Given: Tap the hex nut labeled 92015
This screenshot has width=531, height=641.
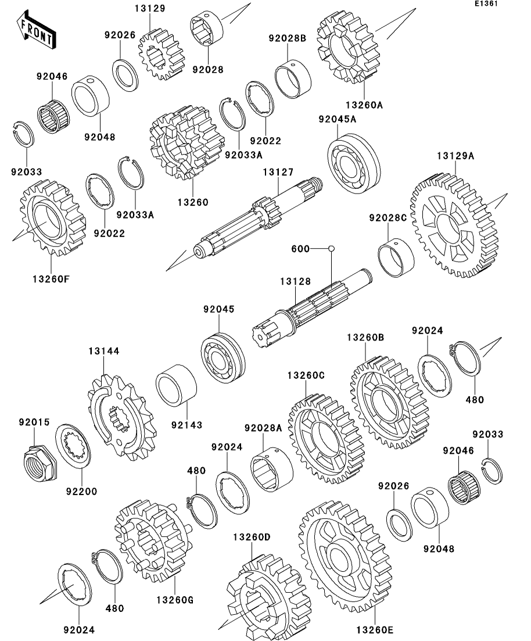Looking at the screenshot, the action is click(x=40, y=462).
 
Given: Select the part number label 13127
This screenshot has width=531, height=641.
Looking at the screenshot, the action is click(x=278, y=172).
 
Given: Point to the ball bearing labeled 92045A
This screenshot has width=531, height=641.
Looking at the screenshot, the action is click(x=354, y=163).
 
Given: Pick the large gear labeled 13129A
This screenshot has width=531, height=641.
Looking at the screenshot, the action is click(x=454, y=225).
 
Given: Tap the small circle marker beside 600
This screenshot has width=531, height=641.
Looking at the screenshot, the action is click(x=332, y=248).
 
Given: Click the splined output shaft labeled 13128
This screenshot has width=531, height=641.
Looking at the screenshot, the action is click(x=311, y=309).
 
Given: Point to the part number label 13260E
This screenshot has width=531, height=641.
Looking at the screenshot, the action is click(x=375, y=630).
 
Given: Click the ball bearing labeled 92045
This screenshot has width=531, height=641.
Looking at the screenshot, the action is click(x=223, y=358).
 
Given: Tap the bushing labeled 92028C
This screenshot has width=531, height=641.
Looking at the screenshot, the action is click(x=396, y=257).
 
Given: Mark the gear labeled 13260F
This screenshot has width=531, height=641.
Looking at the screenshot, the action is click(x=53, y=218).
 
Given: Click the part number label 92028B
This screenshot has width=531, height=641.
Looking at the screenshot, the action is click(x=288, y=38).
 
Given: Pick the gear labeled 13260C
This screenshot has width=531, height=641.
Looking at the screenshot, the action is click(x=324, y=439).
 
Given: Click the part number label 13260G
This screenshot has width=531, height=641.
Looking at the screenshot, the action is click(x=174, y=600).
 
